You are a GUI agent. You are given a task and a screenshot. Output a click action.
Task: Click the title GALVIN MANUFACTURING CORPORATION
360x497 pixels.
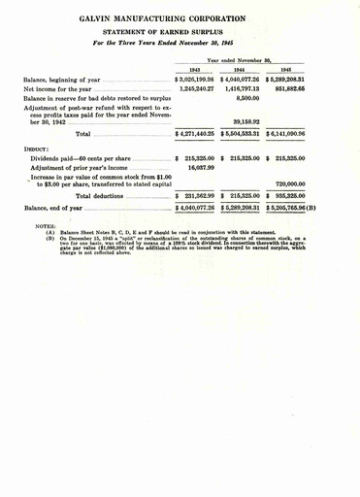tap(180, 17)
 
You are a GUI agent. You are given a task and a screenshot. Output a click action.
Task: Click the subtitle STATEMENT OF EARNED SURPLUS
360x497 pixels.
tap(180, 31)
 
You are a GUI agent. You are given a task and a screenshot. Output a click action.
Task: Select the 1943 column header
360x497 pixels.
tap(195, 69)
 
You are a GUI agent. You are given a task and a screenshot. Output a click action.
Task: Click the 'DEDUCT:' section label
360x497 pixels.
tap(38, 148)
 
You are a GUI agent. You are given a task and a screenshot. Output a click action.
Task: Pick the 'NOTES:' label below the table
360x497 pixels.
tap(45, 228)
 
